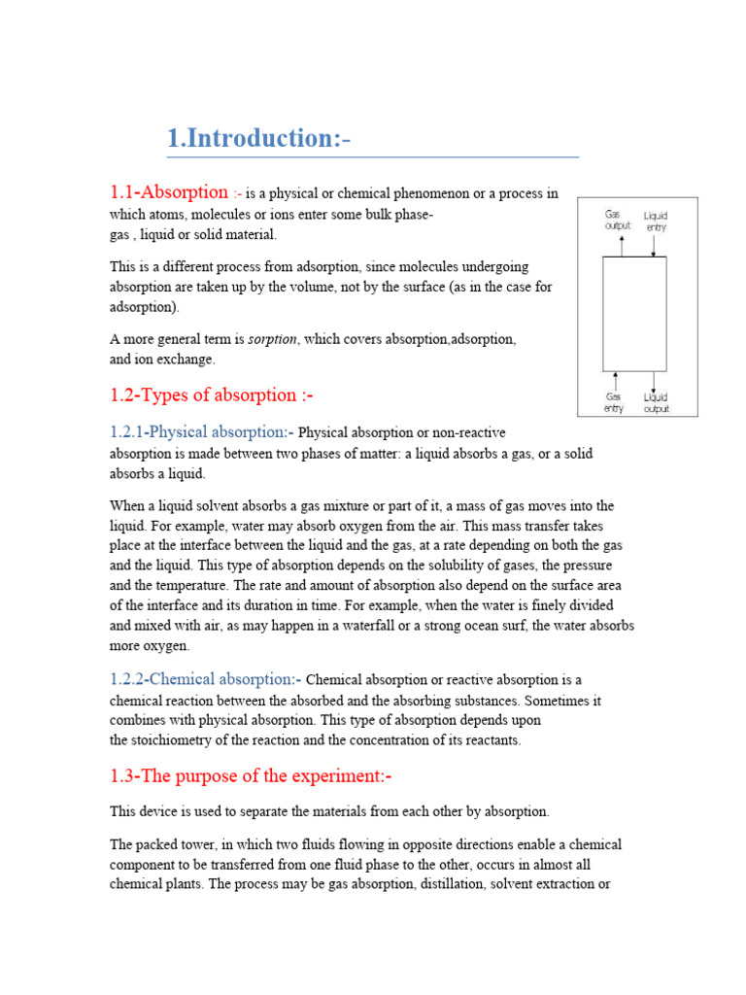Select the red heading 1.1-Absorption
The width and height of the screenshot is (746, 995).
(168, 192)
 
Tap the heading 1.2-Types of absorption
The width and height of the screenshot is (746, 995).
(212, 395)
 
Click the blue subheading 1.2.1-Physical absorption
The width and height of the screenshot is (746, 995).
(201, 431)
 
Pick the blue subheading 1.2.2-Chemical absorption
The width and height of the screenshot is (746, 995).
(205, 679)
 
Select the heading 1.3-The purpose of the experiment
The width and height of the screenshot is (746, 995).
(250, 775)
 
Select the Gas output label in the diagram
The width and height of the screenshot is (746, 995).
(618, 220)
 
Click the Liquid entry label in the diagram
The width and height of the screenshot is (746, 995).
(655, 221)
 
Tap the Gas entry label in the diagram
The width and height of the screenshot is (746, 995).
(614, 402)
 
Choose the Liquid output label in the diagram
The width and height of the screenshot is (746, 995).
(655, 402)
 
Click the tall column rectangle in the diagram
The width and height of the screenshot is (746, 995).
(634, 313)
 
